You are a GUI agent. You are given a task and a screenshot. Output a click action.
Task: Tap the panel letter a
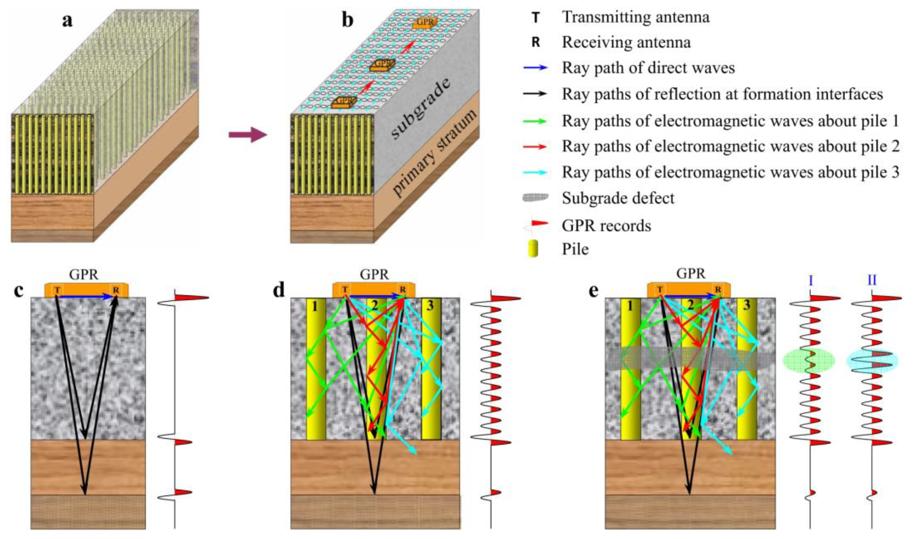pos(67,21)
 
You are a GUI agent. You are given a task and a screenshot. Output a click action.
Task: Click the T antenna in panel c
pos(57,290)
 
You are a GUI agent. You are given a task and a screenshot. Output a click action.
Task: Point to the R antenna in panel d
pos(403,289)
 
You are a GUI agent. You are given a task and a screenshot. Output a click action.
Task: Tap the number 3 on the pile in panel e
pos(747,305)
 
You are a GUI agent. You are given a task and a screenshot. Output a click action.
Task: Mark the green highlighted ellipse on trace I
pos(808,370)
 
